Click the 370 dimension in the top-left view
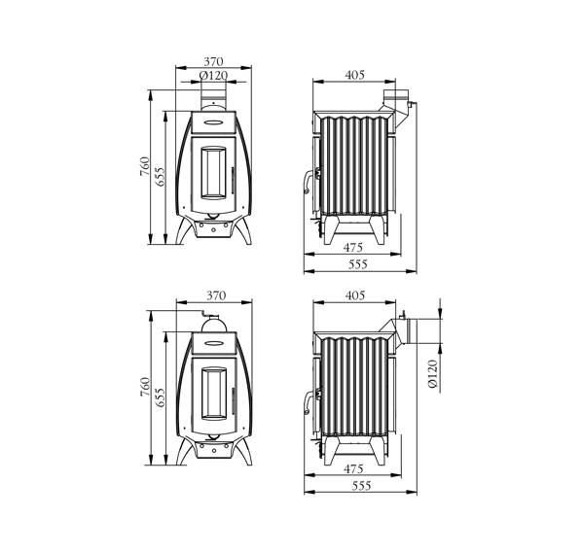[x=214, y=61]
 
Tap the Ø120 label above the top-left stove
[x=213, y=76]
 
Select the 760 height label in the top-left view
[x=145, y=166]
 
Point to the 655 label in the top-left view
[x=160, y=176]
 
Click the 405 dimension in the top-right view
[x=355, y=75]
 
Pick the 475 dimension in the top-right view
[x=352, y=247]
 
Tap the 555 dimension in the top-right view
[x=357, y=264]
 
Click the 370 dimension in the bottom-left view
[x=216, y=295]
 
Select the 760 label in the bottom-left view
[x=145, y=387]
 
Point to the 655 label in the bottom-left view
[x=160, y=397]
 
